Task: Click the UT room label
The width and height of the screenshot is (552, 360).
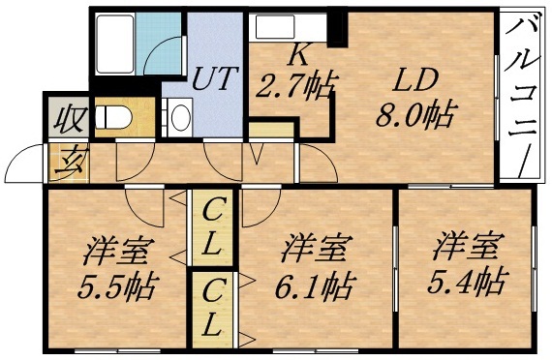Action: coord(215,78)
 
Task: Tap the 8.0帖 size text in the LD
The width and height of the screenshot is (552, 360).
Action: coord(414,116)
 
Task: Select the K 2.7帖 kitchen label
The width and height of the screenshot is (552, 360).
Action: coord(294,78)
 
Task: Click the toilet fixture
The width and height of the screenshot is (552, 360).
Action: coord(118,114)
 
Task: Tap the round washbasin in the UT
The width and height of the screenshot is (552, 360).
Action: coord(180,118)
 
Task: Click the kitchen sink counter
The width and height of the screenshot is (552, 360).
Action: coord(288,26)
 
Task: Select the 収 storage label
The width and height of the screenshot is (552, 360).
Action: coord(64,120)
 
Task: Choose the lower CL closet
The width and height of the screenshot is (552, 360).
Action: coord(215,307)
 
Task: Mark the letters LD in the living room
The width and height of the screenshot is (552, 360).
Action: coord(414,78)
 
